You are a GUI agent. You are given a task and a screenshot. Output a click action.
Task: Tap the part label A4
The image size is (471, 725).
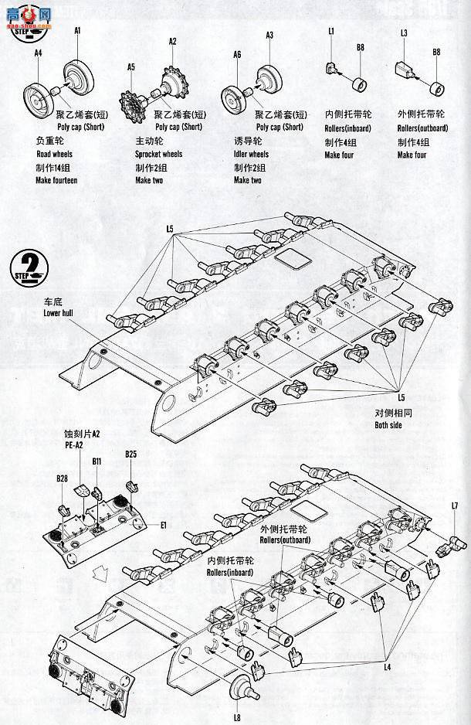[x=39, y=53]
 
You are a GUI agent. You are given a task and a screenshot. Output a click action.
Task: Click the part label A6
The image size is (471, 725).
[x=236, y=55]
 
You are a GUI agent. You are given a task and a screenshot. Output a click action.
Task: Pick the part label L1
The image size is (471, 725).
[x=330, y=31]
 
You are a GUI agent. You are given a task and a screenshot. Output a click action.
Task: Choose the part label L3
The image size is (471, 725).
[x=404, y=33]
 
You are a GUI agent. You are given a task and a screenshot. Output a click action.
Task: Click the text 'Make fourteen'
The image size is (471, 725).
[x=56, y=180]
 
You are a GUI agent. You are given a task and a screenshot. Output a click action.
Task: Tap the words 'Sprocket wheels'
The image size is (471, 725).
[x=158, y=155]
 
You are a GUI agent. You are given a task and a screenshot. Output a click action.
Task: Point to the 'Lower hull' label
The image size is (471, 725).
[x=62, y=312]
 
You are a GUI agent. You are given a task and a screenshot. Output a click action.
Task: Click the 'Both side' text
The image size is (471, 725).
[x=393, y=425]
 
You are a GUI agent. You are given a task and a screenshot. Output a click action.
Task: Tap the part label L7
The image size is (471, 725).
[x=455, y=505]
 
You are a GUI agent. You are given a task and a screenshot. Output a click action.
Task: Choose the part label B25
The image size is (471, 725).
[x=130, y=454]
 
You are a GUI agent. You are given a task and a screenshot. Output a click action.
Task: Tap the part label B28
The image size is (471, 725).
[x=62, y=479]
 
